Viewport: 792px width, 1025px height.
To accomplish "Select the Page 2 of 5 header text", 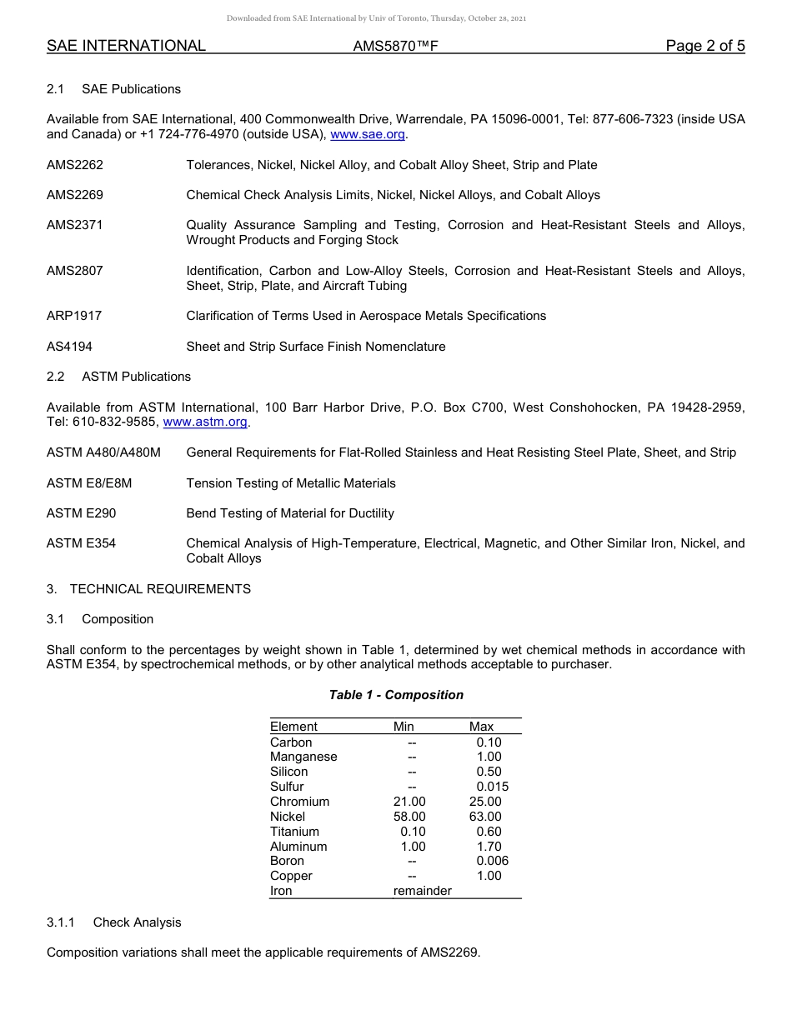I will click(x=704, y=46).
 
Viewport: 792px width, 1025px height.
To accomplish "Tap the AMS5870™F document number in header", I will click(x=395, y=47).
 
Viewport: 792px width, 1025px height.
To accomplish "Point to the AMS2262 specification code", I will click(x=75, y=165).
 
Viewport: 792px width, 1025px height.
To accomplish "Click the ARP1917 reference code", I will click(x=74, y=316).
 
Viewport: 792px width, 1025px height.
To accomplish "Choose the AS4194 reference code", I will click(x=70, y=347).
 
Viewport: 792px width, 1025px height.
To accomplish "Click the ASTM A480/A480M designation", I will click(x=103, y=452).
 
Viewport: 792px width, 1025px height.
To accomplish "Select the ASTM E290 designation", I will click(x=81, y=513).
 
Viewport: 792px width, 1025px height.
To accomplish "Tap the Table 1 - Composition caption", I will click(x=396, y=695).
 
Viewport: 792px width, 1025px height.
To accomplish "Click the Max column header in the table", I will click(x=482, y=727).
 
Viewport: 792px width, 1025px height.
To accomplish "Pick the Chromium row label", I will click(x=299, y=802).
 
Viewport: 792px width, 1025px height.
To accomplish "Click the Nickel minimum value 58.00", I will click(x=409, y=817).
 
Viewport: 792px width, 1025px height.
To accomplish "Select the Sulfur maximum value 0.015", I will click(x=492, y=787).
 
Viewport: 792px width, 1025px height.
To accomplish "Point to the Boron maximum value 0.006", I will click(x=492, y=861).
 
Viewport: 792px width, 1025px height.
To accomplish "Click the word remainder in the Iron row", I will click(x=422, y=891).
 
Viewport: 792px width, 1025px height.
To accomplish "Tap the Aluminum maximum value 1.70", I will click(x=489, y=847).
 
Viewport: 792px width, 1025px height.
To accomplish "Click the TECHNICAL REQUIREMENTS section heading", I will click(x=160, y=589).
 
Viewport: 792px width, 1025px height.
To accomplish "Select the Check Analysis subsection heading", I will click(x=137, y=922).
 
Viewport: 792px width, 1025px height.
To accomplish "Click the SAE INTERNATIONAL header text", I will click(x=126, y=47).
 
